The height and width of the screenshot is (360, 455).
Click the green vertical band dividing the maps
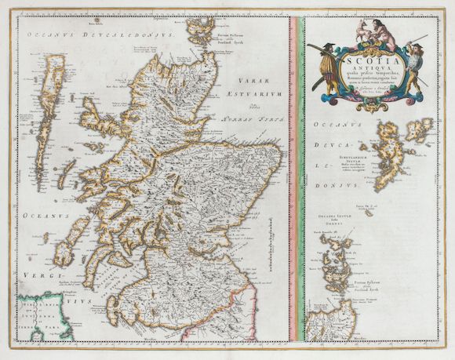coord(298,180)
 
